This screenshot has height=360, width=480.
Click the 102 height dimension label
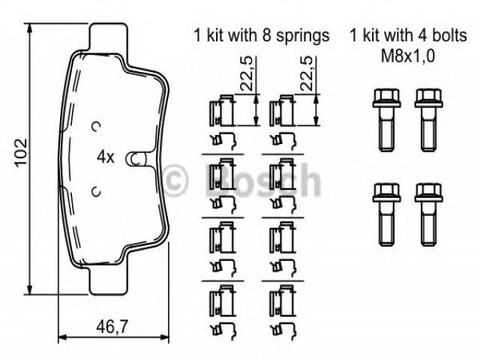click(22, 153)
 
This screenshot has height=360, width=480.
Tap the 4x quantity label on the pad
click(105, 157)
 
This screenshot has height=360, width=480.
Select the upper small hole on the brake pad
click(97, 126)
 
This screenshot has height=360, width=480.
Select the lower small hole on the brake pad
click(97, 192)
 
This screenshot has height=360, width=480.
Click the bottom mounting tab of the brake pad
click(108, 280)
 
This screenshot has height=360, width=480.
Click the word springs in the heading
click(303, 36)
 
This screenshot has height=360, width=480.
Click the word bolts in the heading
click(449, 35)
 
